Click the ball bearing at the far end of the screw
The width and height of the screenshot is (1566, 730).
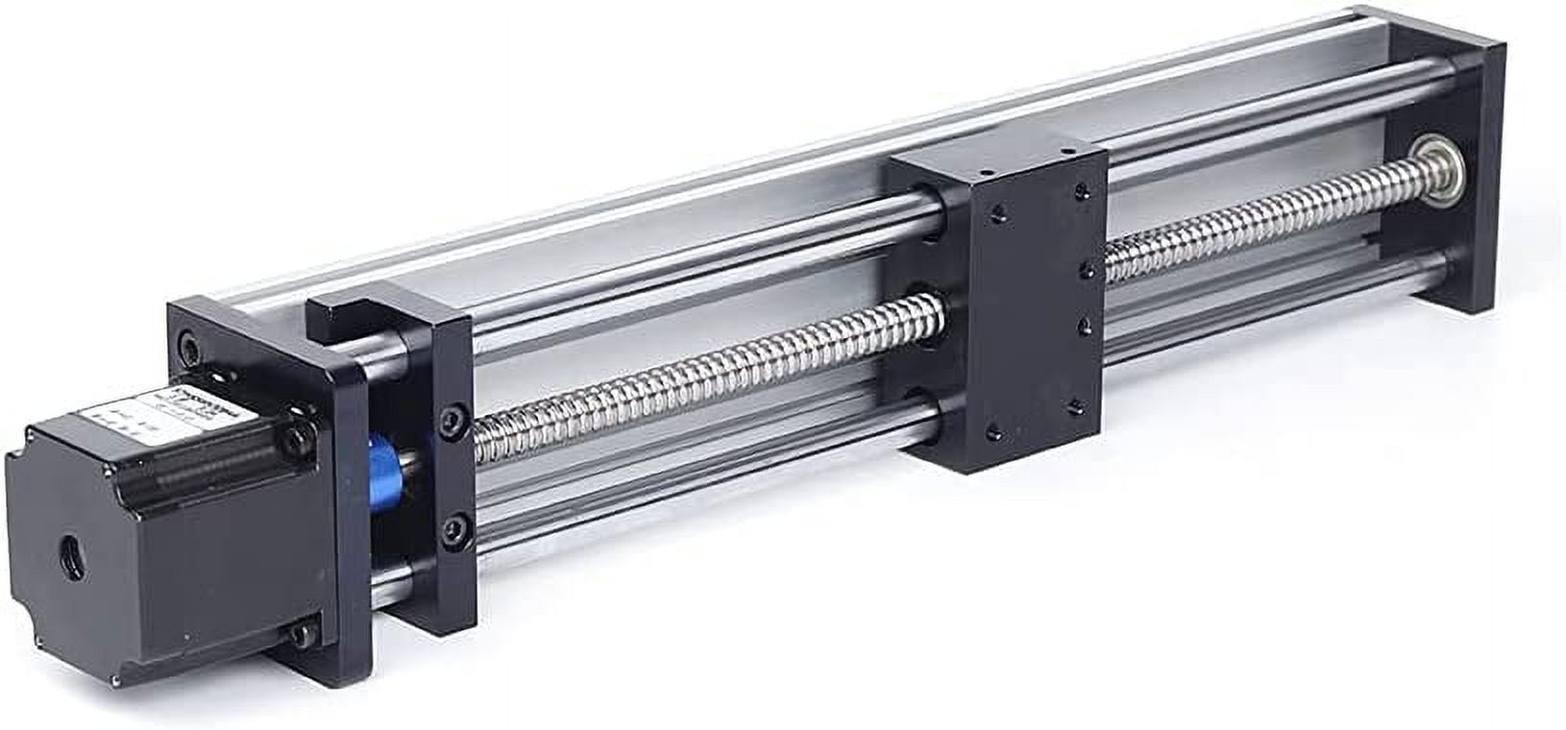1429,154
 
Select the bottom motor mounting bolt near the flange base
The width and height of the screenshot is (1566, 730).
304,635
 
